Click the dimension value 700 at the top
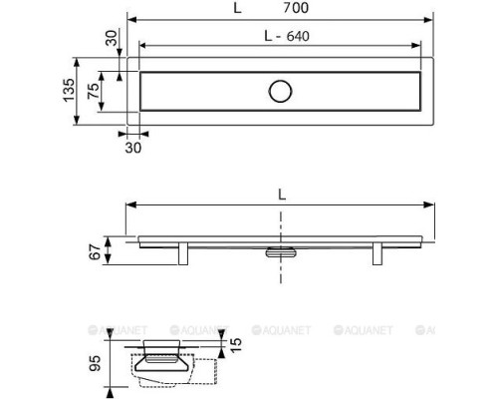296,8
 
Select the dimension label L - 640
287,36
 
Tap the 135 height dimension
69,91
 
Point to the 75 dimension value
94,91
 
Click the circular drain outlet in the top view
280,91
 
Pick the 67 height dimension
95,251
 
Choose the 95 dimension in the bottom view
95,363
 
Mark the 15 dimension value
235,345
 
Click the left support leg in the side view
183,253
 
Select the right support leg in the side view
377,253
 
